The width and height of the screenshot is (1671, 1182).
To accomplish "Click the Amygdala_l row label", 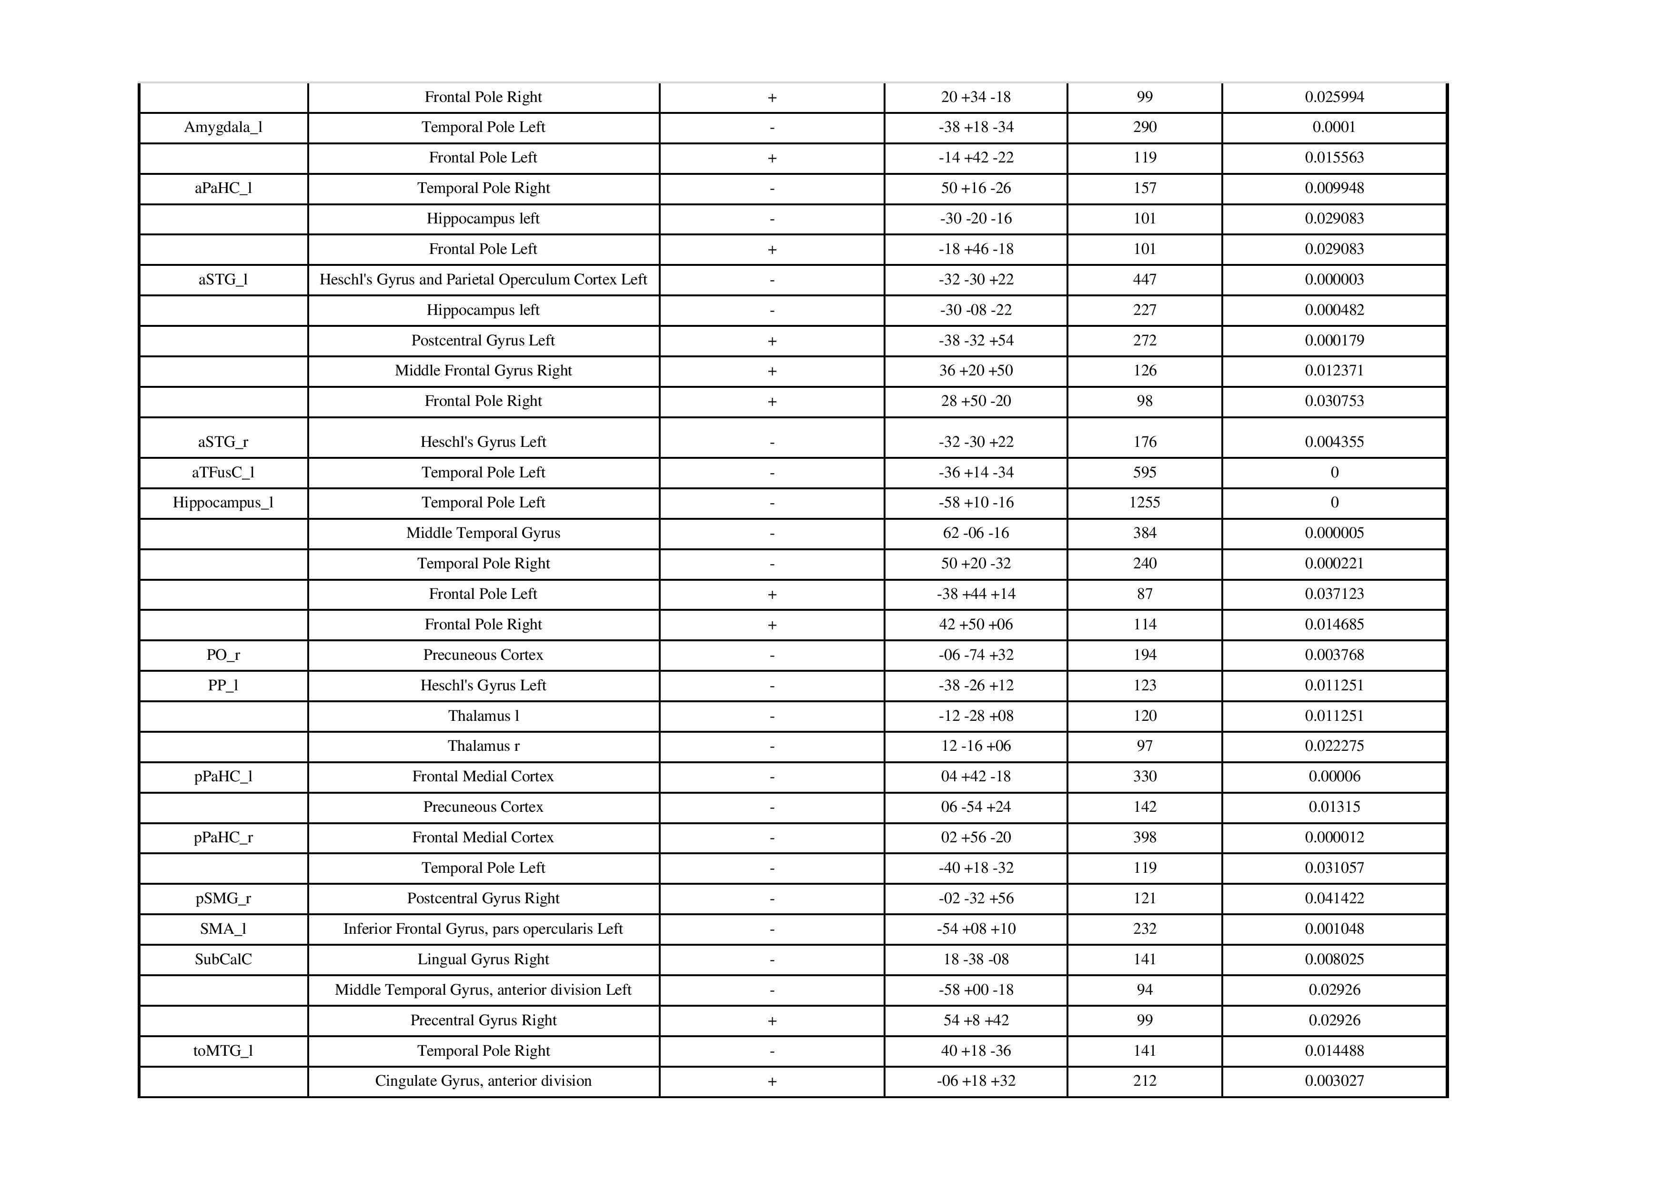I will coord(223,127).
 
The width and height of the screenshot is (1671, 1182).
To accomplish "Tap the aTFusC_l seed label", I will coord(223,472).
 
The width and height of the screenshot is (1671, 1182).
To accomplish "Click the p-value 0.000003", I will coord(1334,280).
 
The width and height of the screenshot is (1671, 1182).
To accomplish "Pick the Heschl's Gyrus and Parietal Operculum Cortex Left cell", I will coord(483,280).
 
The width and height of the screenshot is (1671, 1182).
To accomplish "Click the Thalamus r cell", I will coord(483,746).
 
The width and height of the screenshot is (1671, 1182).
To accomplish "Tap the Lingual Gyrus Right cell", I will coord(483,960).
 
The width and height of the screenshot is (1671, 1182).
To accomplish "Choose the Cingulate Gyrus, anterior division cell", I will coord(483,1081).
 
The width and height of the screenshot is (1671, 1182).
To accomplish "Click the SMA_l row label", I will coord(223,929).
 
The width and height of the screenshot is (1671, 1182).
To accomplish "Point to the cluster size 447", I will coord(1144,280).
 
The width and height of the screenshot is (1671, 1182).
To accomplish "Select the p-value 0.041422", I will coord(1334,898).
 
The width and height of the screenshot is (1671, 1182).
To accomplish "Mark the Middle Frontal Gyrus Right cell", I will coord(483,371).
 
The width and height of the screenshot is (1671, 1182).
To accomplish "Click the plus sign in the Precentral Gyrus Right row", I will coord(772,1021).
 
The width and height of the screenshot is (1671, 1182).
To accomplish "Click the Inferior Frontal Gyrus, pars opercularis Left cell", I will coord(483,929).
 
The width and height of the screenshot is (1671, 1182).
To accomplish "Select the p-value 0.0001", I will coord(1334,127).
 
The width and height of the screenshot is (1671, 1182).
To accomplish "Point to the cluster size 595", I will coord(1144,472).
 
